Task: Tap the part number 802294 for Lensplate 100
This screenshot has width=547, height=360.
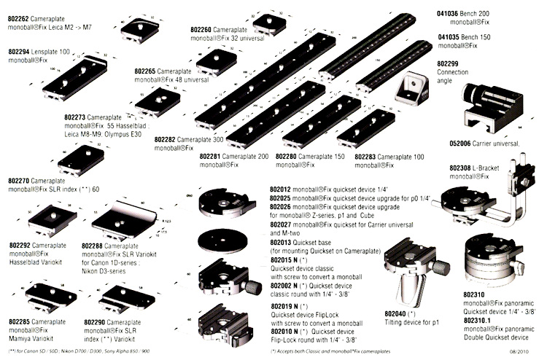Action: point(19,53)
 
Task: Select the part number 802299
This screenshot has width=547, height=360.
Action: point(449,63)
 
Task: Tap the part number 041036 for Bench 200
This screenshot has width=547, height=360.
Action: point(449,14)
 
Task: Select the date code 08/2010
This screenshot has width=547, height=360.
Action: point(525,353)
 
